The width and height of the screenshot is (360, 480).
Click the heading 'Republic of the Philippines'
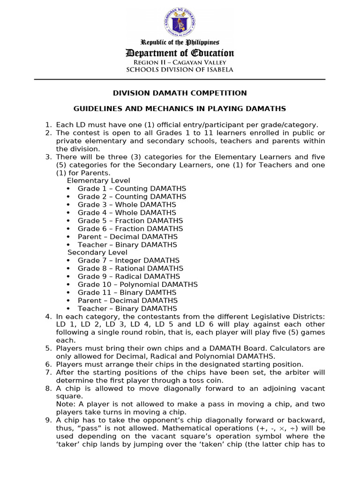[180, 43]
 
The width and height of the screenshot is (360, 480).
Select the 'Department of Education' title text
[180, 53]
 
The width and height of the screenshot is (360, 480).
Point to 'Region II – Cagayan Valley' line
[180, 62]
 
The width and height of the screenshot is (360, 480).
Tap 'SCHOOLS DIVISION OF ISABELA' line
[180, 70]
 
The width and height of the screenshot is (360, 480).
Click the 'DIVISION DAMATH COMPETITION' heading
[180, 93]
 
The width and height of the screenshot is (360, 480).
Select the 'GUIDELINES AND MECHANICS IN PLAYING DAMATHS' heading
[180, 109]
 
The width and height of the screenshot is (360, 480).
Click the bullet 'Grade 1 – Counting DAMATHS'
[132, 188]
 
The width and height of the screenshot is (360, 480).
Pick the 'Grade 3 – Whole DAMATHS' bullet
[127, 204]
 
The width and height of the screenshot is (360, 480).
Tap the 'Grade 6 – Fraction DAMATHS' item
[130, 229]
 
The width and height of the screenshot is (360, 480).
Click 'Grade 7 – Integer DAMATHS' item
[128, 261]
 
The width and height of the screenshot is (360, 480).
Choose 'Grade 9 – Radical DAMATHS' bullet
[128, 277]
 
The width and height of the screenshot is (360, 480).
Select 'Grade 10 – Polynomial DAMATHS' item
[137, 285]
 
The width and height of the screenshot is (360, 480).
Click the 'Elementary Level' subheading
[98, 180]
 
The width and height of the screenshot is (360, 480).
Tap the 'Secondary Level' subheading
[97, 253]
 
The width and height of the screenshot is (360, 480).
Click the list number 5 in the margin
[48, 348]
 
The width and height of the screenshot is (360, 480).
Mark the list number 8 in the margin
[48, 389]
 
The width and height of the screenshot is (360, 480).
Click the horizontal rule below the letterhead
[180, 80]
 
